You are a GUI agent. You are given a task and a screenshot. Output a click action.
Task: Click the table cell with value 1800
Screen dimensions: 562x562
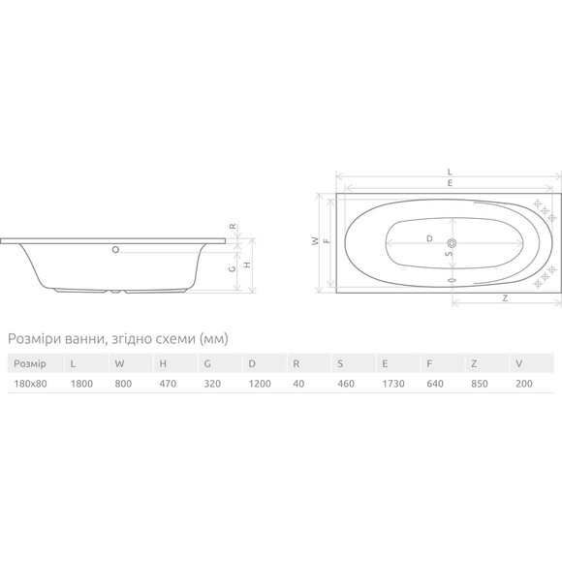(81, 384)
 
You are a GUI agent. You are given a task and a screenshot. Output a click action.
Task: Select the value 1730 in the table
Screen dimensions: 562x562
(393, 384)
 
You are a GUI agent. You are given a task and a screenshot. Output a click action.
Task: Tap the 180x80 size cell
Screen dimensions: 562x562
(30, 384)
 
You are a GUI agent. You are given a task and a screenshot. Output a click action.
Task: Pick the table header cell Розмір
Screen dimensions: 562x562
(30, 363)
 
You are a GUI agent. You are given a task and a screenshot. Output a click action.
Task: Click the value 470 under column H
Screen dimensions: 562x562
(168, 384)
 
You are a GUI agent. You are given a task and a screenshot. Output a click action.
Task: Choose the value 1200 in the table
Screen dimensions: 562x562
(260, 384)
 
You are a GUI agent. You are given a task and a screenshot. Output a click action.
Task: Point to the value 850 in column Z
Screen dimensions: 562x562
(480, 384)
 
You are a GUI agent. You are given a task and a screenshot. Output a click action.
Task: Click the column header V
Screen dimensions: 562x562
(519, 363)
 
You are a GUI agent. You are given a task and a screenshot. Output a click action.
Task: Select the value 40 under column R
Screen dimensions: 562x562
(298, 384)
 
